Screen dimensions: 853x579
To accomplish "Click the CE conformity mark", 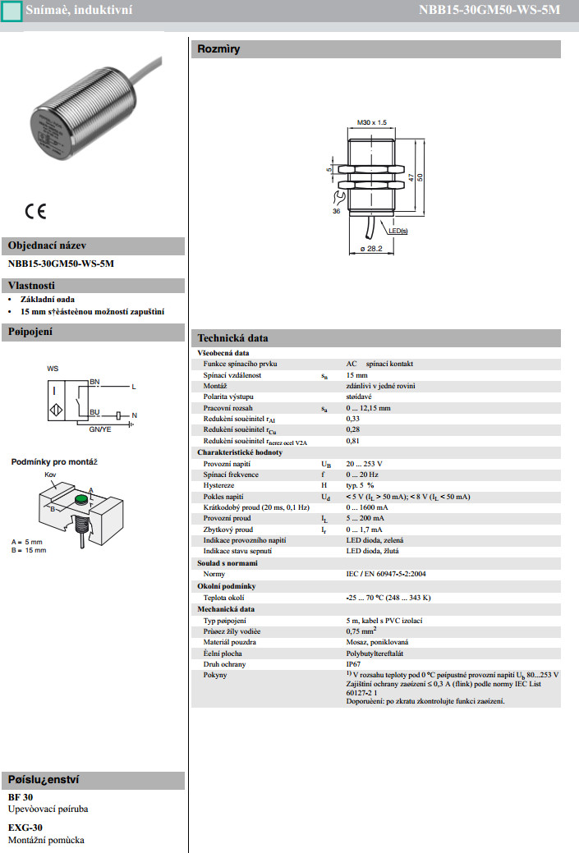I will (x=35, y=210).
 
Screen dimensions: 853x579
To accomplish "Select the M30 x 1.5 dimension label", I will (x=372, y=122).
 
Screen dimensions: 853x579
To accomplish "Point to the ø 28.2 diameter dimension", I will (x=371, y=248).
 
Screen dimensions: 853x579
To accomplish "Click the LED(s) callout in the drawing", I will (x=397, y=232).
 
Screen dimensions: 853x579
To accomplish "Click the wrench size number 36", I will (x=336, y=211).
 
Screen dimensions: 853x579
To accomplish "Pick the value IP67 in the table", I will (x=355, y=663).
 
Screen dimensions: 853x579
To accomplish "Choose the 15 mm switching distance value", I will (x=357, y=374).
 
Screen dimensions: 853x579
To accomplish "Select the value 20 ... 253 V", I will (x=365, y=464).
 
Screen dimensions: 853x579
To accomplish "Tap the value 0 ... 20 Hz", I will (x=362, y=475).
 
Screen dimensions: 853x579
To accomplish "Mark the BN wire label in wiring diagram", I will (x=94, y=383).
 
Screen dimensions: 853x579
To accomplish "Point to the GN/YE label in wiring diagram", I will (x=100, y=429).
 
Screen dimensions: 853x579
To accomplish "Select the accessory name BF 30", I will (x=21, y=797).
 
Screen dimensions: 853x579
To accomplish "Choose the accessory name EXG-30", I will (x=25, y=828).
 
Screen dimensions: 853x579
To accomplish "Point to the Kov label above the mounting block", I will (x=50, y=475).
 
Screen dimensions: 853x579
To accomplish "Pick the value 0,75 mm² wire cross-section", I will (x=365, y=631).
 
